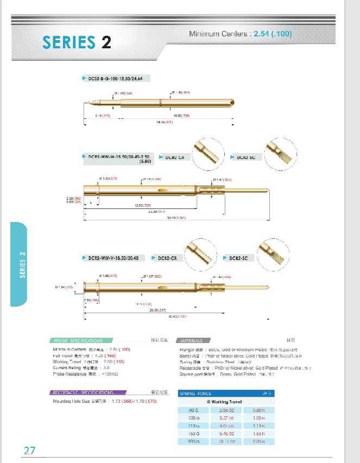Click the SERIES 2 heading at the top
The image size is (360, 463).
pyautogui.click(x=77, y=42)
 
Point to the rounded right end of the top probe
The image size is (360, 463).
pyautogui.click(x=233, y=102)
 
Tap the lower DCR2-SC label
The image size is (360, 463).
pyautogui.click(x=238, y=258)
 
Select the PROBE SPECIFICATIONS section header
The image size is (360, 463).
pyautogui.click(x=78, y=341)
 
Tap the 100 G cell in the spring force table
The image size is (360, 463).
pyautogui.click(x=194, y=418)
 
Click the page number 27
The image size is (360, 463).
pyautogui.click(x=29, y=451)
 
